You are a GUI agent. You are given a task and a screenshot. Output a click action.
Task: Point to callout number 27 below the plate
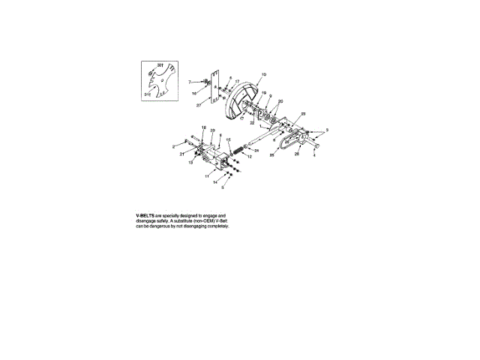[x=199, y=106]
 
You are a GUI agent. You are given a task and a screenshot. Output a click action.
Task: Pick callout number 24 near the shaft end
[x=256, y=150]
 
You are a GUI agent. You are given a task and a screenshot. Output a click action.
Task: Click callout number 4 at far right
[x=314, y=156]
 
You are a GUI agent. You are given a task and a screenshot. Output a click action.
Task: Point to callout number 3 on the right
[x=326, y=130]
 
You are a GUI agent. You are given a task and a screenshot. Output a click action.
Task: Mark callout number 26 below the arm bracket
[x=297, y=154]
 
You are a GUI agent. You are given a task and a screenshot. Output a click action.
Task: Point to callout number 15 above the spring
[x=229, y=139]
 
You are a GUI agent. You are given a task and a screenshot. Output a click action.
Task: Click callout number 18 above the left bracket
[x=203, y=128]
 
